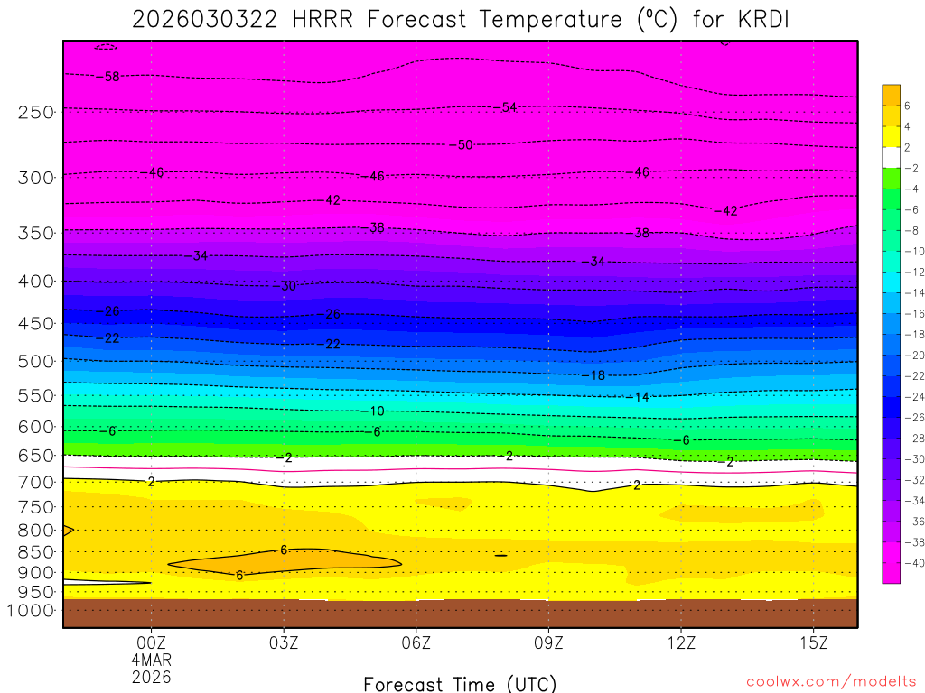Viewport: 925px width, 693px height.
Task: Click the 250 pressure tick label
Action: [x=36, y=113]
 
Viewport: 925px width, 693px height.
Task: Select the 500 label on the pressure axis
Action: [x=36, y=361]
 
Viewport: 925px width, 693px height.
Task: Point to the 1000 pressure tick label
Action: [x=32, y=611]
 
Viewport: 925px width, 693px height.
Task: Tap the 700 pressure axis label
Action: [x=36, y=482]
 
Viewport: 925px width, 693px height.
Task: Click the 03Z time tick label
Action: [x=284, y=642]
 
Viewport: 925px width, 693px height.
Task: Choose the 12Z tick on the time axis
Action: [x=681, y=642]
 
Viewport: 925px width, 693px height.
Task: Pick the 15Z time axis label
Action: [x=814, y=642]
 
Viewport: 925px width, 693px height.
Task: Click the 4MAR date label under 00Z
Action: [x=151, y=660]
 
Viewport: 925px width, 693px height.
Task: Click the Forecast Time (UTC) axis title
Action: [x=460, y=683]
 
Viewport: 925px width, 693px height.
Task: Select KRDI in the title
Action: [x=743, y=19]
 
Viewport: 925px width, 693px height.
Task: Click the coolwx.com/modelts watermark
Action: [x=831, y=681]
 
